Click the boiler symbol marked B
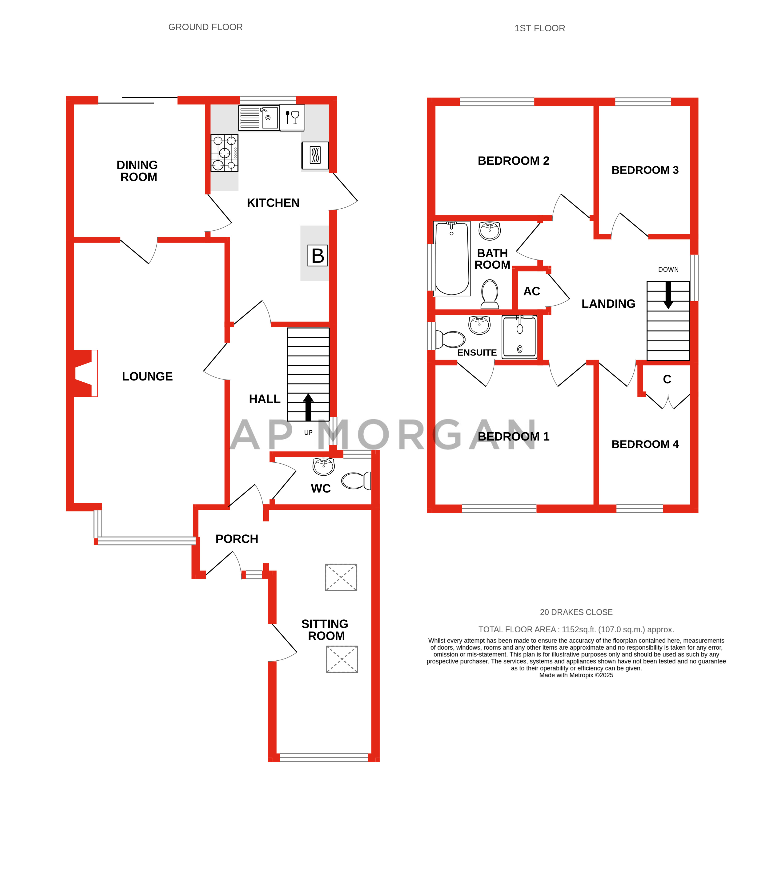click(x=318, y=255)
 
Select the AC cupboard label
click(x=531, y=291)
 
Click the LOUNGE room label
click(x=147, y=376)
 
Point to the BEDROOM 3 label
click(x=645, y=170)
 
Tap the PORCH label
click(x=237, y=539)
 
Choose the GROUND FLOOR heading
click(x=205, y=27)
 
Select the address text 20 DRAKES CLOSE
click(x=576, y=612)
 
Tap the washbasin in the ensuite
click(x=479, y=325)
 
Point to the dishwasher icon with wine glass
click(x=292, y=117)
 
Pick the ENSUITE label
click(x=477, y=352)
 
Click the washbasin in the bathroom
click(x=490, y=231)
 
